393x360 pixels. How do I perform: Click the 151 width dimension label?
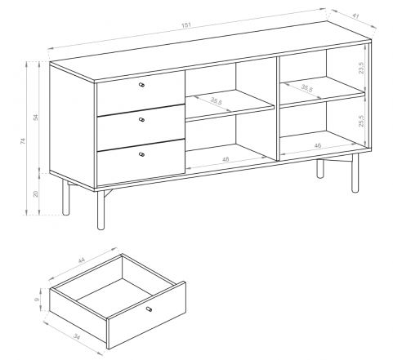(186, 25)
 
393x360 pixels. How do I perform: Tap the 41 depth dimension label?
(355, 16)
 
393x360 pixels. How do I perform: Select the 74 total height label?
(23, 140)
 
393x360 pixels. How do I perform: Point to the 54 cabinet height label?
(36, 118)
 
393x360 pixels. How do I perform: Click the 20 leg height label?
(36, 193)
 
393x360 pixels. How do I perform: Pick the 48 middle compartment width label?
(226, 159)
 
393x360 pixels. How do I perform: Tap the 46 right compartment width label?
(318, 145)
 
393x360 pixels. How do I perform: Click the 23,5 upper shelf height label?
(361, 68)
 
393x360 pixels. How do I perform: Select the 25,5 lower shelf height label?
(361, 121)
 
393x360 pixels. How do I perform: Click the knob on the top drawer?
(141, 85)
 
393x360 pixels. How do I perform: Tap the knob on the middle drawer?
(141, 119)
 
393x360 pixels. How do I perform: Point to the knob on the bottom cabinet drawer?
(141, 154)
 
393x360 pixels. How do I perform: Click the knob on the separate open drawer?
(149, 309)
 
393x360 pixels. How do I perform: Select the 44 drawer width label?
(82, 260)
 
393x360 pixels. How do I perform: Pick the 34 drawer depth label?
(77, 337)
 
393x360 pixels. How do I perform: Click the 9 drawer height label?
(37, 300)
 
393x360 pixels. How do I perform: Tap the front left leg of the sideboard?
(100, 210)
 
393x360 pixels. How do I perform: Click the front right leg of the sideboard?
(355, 173)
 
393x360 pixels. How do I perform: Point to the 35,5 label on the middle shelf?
(217, 101)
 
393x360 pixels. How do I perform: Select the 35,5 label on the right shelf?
(307, 88)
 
